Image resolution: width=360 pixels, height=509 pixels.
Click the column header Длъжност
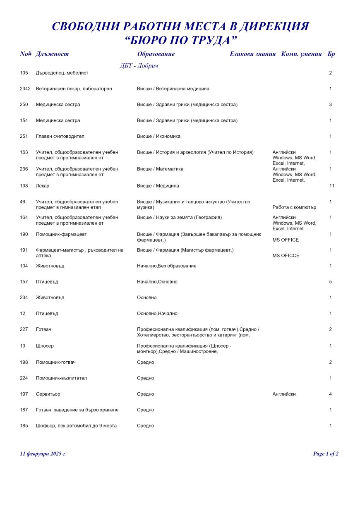click(52, 54)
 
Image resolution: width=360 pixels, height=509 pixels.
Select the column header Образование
click(156, 54)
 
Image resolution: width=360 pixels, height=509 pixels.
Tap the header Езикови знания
click(252, 54)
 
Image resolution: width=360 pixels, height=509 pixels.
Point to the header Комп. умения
click(301, 54)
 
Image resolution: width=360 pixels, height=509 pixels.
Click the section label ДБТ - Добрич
click(139, 66)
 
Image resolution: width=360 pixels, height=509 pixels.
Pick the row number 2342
click(25, 89)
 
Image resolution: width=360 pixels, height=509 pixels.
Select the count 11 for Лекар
click(331, 186)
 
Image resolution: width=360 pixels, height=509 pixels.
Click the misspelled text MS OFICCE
click(286, 256)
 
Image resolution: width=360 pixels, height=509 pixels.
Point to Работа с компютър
click(294, 208)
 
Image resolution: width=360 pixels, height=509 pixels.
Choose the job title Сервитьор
click(48, 394)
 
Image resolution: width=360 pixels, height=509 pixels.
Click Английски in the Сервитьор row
click(284, 394)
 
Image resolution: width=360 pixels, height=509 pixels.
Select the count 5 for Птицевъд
click(331, 282)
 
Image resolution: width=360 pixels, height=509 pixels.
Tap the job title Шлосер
click(45, 346)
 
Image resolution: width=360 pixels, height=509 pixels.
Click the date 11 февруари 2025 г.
click(43, 454)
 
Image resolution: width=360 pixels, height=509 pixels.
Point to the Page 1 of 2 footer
click(326, 454)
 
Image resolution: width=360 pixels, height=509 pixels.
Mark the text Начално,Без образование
click(166, 266)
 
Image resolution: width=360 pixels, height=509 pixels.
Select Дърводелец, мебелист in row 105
click(62, 73)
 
